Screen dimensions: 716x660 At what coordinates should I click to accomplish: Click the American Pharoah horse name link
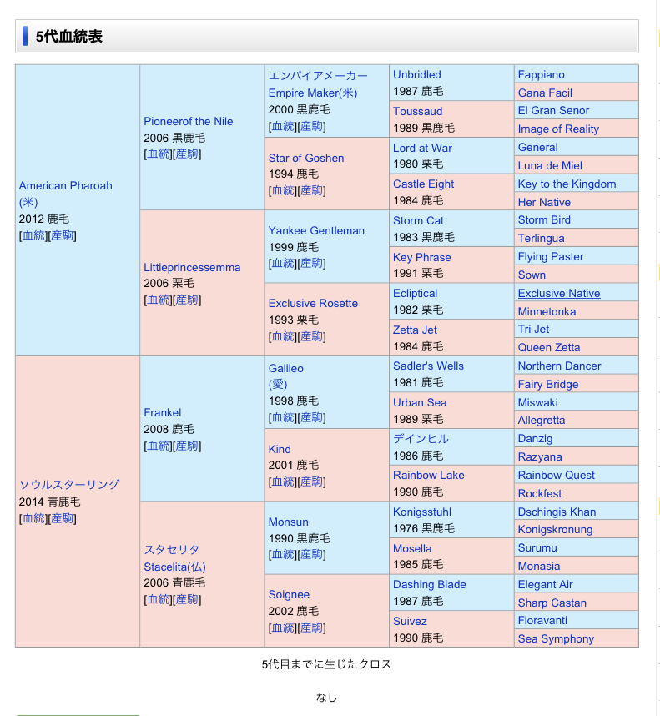point(65,185)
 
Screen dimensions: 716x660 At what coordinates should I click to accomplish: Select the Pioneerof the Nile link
point(188,121)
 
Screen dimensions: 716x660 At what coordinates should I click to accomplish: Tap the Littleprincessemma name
point(192,267)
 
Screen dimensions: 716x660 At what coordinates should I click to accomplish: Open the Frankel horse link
point(162,412)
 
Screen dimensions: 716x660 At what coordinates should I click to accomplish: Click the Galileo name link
point(285,368)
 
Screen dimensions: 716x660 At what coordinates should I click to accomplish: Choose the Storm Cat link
point(418,220)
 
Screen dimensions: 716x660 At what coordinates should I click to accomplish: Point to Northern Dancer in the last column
point(559,366)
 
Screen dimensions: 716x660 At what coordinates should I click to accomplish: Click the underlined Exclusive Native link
point(558,293)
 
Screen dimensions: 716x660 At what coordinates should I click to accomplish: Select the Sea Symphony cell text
point(556,638)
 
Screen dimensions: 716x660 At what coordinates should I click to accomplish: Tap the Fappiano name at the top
point(541,74)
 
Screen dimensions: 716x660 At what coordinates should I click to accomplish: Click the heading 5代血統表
point(69,37)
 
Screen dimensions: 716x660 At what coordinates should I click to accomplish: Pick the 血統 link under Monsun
point(282,554)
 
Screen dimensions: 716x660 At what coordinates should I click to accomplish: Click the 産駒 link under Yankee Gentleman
point(311,263)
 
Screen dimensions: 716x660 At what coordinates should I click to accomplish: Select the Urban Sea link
point(420,402)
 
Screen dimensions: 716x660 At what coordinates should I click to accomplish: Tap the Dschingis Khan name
point(557,512)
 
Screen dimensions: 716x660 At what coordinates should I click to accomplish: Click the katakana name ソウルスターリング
point(69,484)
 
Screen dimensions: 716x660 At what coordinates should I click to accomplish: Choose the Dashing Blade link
point(429,584)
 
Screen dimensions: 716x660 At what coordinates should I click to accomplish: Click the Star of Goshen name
point(305,158)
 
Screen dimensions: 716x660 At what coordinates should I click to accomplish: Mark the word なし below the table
point(326,697)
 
